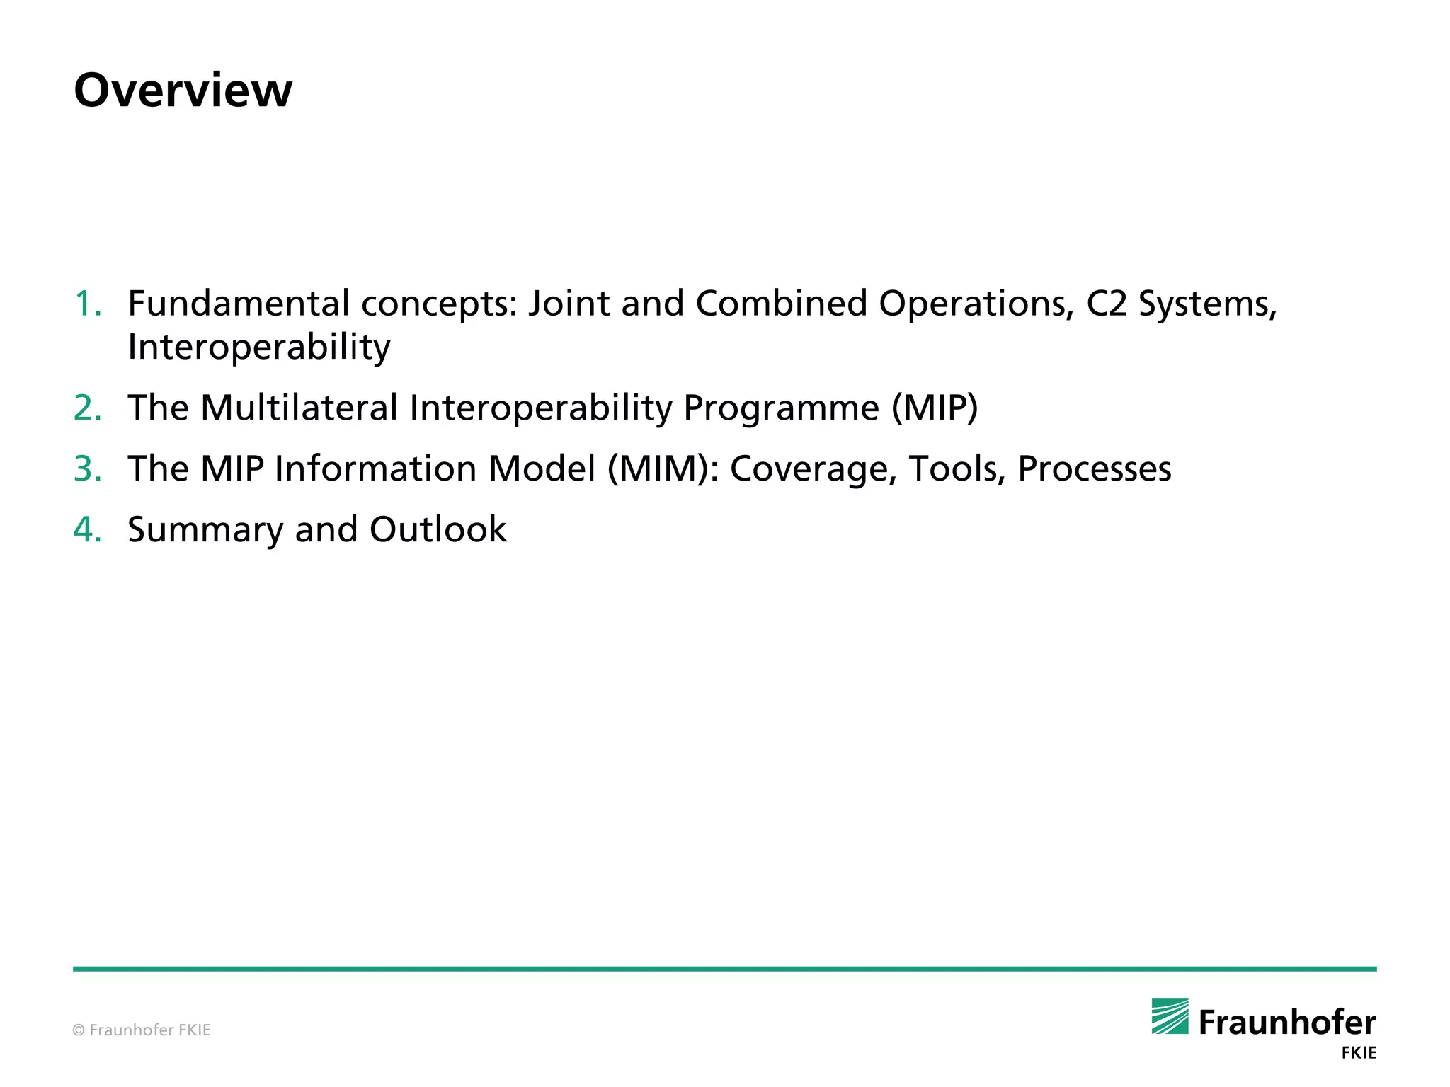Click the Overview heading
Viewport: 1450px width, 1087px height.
point(183,91)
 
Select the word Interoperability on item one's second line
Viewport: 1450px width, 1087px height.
point(259,347)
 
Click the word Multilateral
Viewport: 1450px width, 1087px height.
point(299,408)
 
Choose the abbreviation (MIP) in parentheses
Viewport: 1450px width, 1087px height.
point(935,408)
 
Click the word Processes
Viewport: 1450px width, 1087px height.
point(1094,469)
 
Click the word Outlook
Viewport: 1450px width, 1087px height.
point(438,530)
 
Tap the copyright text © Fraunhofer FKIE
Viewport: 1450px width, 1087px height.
point(142,1030)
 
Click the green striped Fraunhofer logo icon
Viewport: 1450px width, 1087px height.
point(1170,1016)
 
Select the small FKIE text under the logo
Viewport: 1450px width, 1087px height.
point(1359,1053)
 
